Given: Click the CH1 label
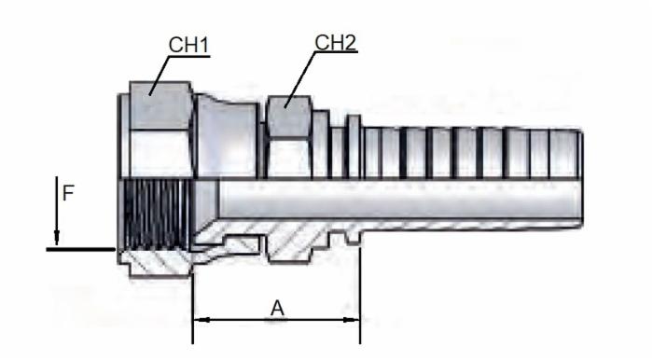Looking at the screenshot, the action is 188,45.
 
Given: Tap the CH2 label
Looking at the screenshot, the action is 336,43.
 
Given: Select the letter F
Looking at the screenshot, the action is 68,194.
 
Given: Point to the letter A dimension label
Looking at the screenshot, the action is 277,309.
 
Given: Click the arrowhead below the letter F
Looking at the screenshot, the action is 57,238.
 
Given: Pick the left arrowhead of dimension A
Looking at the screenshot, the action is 201,320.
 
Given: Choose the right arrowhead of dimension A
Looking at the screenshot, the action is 351,320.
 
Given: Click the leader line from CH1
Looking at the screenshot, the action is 160,76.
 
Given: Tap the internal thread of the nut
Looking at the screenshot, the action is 157,214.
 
